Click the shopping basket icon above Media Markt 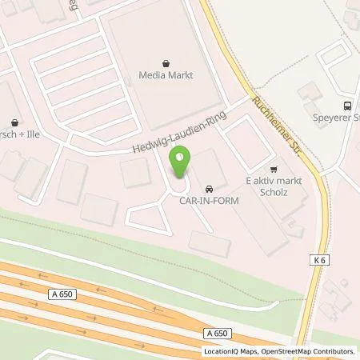point(166,61)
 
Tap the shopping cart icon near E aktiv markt point(274,169)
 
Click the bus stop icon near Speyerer point(347,105)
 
